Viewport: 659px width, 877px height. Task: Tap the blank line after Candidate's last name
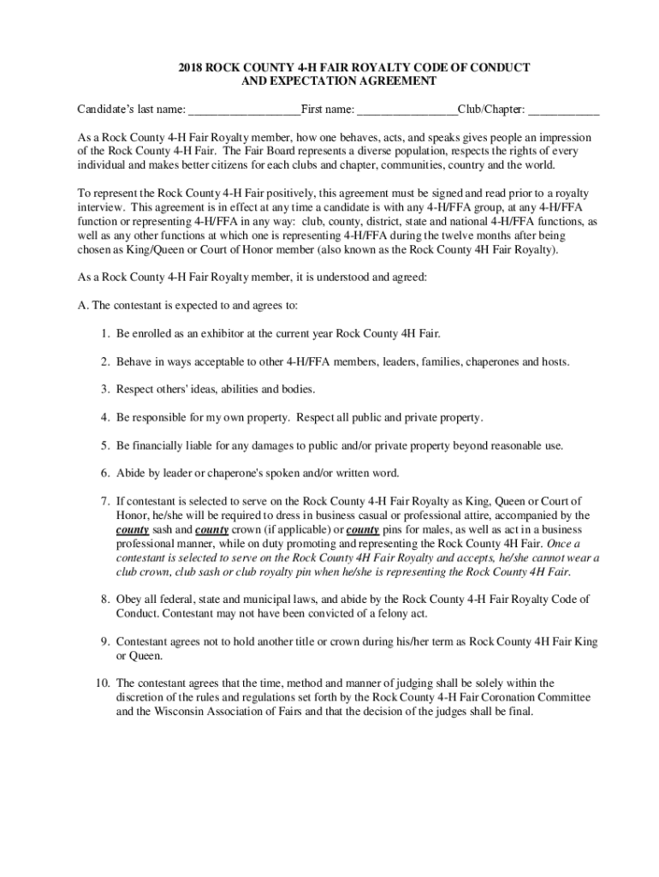244,110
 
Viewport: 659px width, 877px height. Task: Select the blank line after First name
407,110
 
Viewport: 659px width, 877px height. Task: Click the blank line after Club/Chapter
564,110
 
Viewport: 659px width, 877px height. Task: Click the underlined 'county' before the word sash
133,530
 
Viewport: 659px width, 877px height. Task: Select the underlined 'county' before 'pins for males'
363,530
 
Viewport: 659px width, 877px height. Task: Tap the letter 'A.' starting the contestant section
82,306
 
